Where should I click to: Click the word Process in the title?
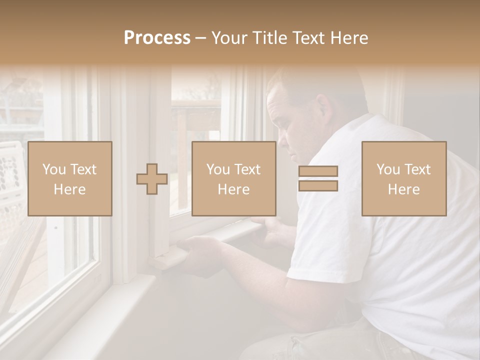pyautogui.click(x=157, y=38)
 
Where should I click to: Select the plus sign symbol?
pyautogui.click(x=152, y=179)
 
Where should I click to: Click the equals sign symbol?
pyautogui.click(x=318, y=178)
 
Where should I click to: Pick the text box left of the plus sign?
pyautogui.click(x=70, y=178)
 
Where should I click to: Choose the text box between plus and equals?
pyautogui.click(x=234, y=178)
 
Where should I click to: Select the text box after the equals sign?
pyautogui.click(x=404, y=178)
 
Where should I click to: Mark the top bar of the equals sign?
pyautogui.click(x=318, y=171)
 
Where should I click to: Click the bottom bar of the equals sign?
pyautogui.click(x=318, y=186)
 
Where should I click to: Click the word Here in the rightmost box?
pyautogui.click(x=404, y=189)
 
